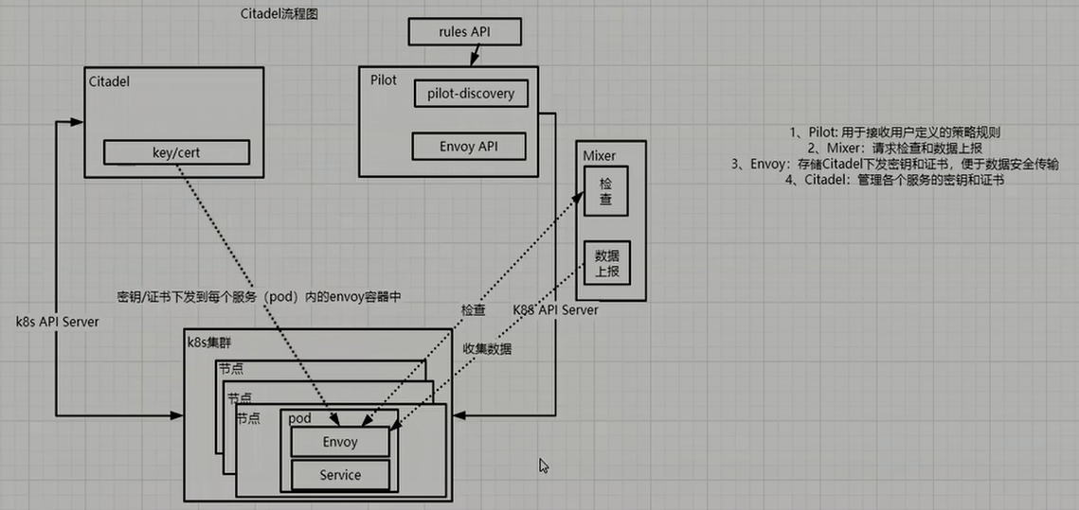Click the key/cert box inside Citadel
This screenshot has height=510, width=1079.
(x=176, y=152)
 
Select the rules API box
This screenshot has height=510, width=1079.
(x=464, y=32)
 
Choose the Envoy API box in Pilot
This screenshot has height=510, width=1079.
(x=468, y=147)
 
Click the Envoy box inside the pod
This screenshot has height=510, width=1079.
(x=339, y=442)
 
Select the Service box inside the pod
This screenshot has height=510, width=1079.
(x=339, y=475)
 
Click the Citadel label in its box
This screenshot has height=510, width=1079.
(x=108, y=81)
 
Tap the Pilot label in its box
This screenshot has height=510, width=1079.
(x=384, y=79)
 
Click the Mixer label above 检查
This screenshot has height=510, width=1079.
(x=600, y=153)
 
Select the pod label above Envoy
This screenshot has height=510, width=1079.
(x=299, y=417)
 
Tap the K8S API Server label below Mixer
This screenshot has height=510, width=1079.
(x=555, y=309)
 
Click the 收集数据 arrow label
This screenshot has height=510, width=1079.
(x=487, y=349)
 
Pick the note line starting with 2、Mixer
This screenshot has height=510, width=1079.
(x=896, y=148)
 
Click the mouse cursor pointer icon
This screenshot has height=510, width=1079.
(x=544, y=466)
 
